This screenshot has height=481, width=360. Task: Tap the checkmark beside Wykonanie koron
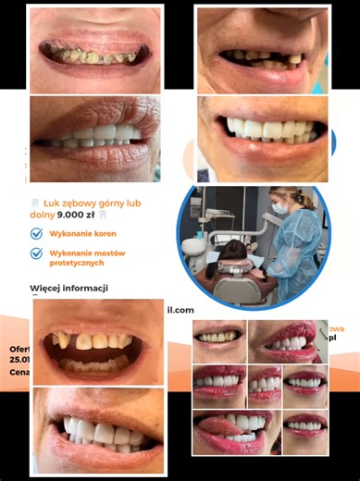(x=36, y=234)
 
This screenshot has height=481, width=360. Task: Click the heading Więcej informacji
(x=69, y=288)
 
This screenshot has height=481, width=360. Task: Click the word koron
(x=103, y=234)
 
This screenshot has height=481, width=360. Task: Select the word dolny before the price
(x=45, y=214)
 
